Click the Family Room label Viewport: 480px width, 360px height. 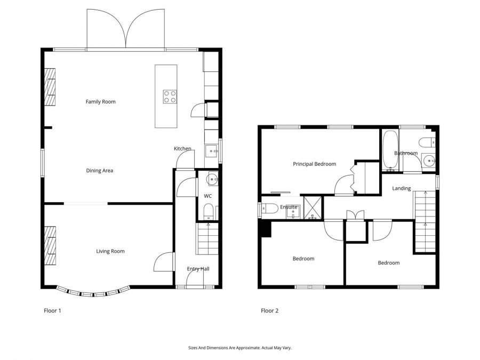point(101,101)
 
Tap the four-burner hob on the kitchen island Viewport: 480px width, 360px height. point(170,97)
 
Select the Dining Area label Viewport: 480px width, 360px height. point(100,171)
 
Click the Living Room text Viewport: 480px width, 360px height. point(110,251)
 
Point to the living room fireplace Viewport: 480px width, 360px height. point(50,245)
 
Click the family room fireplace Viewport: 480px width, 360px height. point(50,87)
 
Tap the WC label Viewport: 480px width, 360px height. point(208,196)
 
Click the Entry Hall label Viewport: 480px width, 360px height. point(198,269)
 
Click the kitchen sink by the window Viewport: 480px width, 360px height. point(212,151)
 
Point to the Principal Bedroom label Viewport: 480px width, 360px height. point(314,164)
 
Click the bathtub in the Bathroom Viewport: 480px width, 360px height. point(390,151)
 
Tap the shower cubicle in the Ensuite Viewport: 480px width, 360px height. point(313,208)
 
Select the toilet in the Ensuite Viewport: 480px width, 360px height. point(268,208)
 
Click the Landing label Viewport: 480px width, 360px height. point(402,188)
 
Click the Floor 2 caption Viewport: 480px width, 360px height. point(269,310)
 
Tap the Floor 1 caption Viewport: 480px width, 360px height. point(52,310)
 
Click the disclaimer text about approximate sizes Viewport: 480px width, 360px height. point(240,348)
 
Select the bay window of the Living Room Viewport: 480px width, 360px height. point(94,292)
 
